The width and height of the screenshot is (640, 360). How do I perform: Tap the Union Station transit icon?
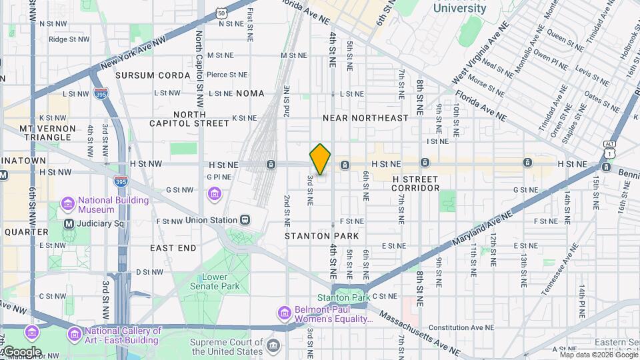(245, 220)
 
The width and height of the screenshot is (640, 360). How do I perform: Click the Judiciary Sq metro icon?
(69, 224)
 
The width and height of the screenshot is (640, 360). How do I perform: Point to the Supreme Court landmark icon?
(273, 345)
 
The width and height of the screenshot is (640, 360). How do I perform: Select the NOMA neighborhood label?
(249, 93)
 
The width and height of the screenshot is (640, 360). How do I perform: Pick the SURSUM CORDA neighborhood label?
(153, 75)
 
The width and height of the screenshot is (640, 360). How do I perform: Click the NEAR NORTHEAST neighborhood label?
(365, 118)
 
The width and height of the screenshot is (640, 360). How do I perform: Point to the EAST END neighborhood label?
(173, 248)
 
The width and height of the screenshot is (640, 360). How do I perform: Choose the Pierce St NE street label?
(227, 75)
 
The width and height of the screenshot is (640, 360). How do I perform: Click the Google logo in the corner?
(22, 351)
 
